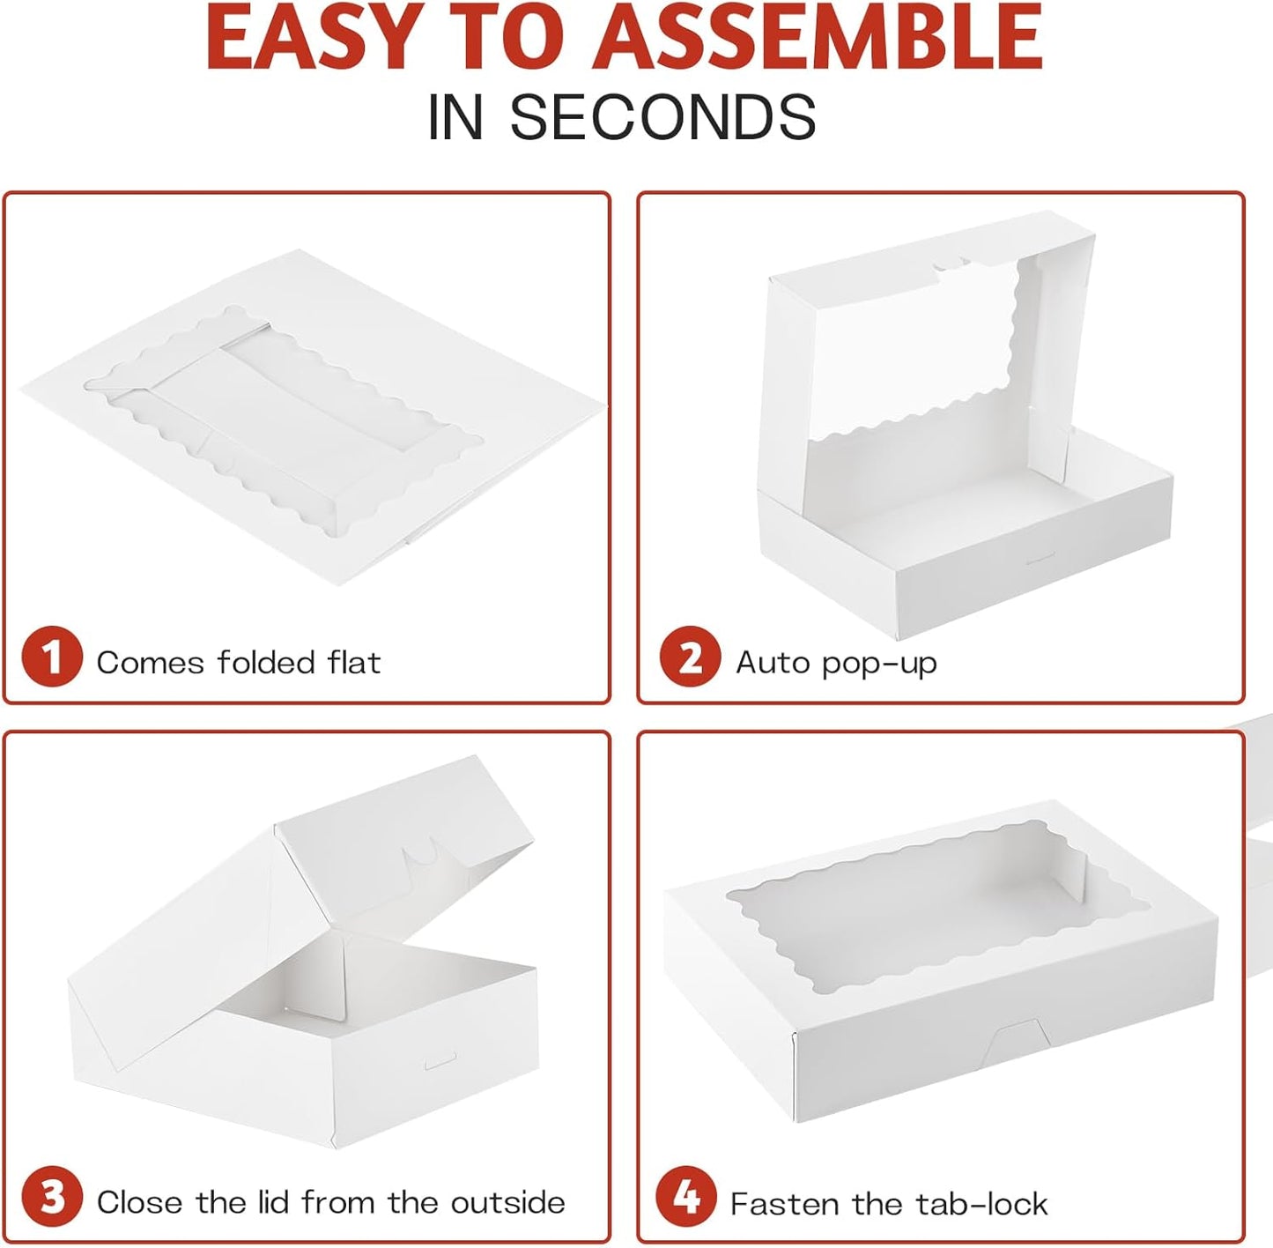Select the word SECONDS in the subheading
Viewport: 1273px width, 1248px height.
coord(663,117)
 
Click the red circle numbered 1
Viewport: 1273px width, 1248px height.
coord(52,657)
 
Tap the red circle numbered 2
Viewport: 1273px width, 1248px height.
coord(690,657)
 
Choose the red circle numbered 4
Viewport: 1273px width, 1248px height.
coord(686,1196)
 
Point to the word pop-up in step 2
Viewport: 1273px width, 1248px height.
coord(879,664)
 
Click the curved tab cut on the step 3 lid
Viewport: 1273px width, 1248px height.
coord(421,853)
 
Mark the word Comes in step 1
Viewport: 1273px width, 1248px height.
coord(151,663)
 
